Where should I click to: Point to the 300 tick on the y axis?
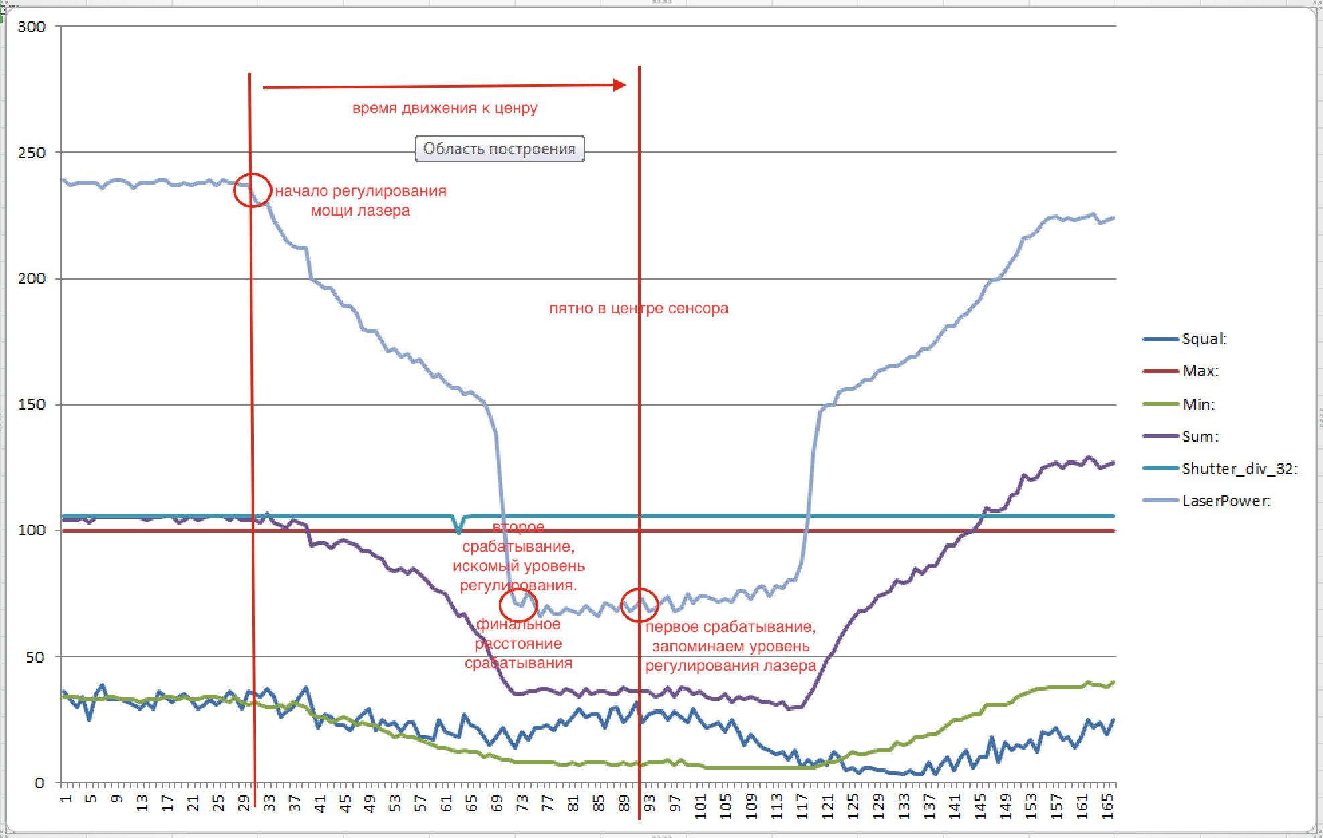pyautogui.click(x=31, y=27)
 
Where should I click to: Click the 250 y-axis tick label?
pyautogui.click(x=31, y=153)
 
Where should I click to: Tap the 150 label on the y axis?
pyautogui.click(x=31, y=404)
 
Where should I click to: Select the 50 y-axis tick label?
pyautogui.click(x=35, y=657)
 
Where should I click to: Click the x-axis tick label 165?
pyautogui.click(x=1108, y=806)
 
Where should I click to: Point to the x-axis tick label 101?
pyautogui.click(x=701, y=806)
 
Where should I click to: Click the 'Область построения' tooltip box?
pyautogui.click(x=499, y=149)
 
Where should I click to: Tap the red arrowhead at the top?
pyautogui.click(x=619, y=85)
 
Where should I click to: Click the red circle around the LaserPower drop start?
pyautogui.click(x=252, y=190)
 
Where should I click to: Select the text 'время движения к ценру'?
pyautogui.click(x=445, y=108)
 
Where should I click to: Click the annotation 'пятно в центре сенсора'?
pyautogui.click(x=639, y=309)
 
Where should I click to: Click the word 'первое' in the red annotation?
pyautogui.click(x=672, y=627)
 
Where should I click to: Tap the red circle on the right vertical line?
pyautogui.click(x=639, y=605)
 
